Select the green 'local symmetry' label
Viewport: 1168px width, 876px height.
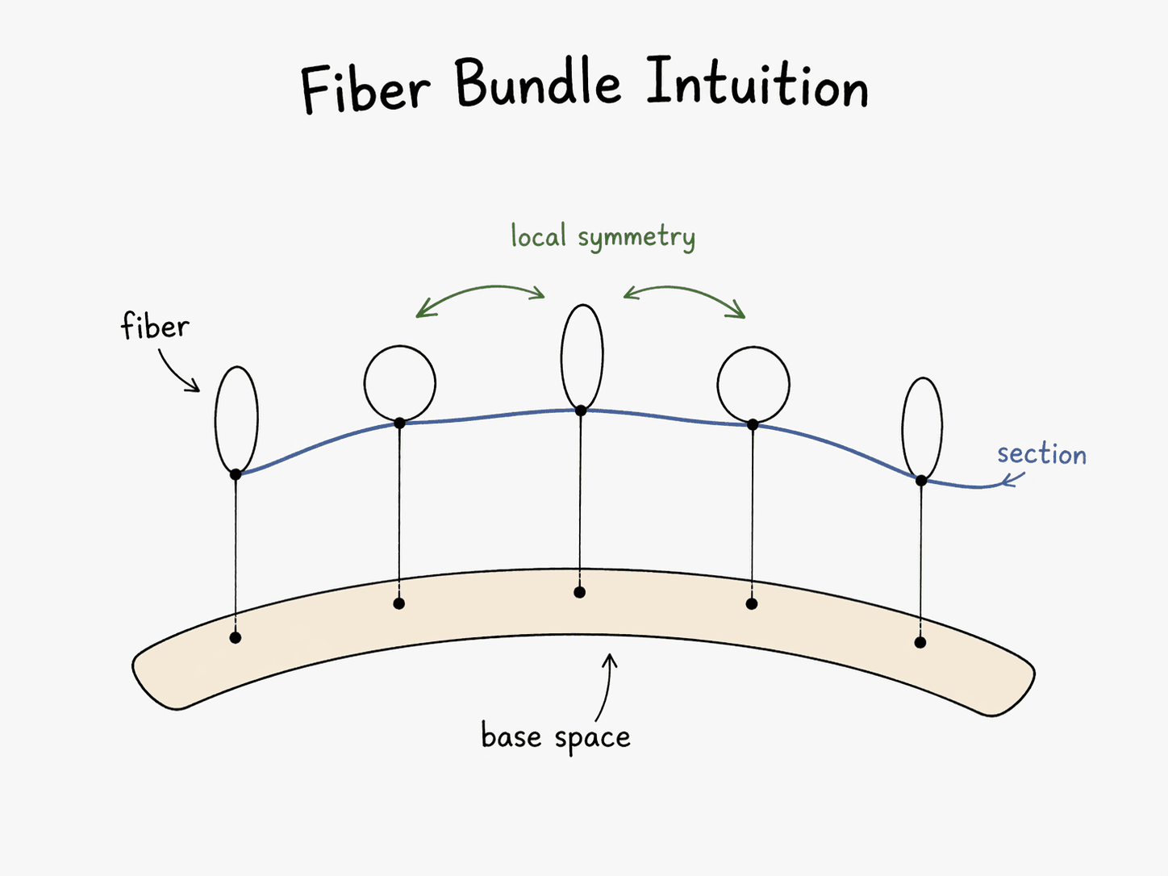603,237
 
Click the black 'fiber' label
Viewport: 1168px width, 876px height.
155,327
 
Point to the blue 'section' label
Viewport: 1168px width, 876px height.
1041,454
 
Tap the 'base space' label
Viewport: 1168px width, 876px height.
555,737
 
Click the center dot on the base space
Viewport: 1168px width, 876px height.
579,592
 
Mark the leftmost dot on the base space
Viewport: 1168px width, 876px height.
236,637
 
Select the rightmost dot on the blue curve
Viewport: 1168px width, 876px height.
920,481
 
